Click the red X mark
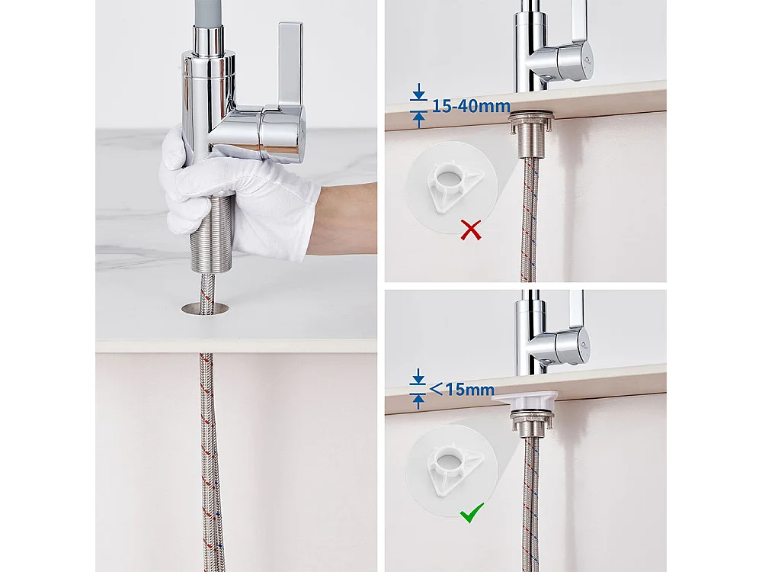471,229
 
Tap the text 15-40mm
470,106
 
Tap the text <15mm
462,390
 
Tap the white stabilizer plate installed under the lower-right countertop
526,399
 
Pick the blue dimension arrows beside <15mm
418,390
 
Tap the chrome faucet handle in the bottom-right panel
571,339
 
